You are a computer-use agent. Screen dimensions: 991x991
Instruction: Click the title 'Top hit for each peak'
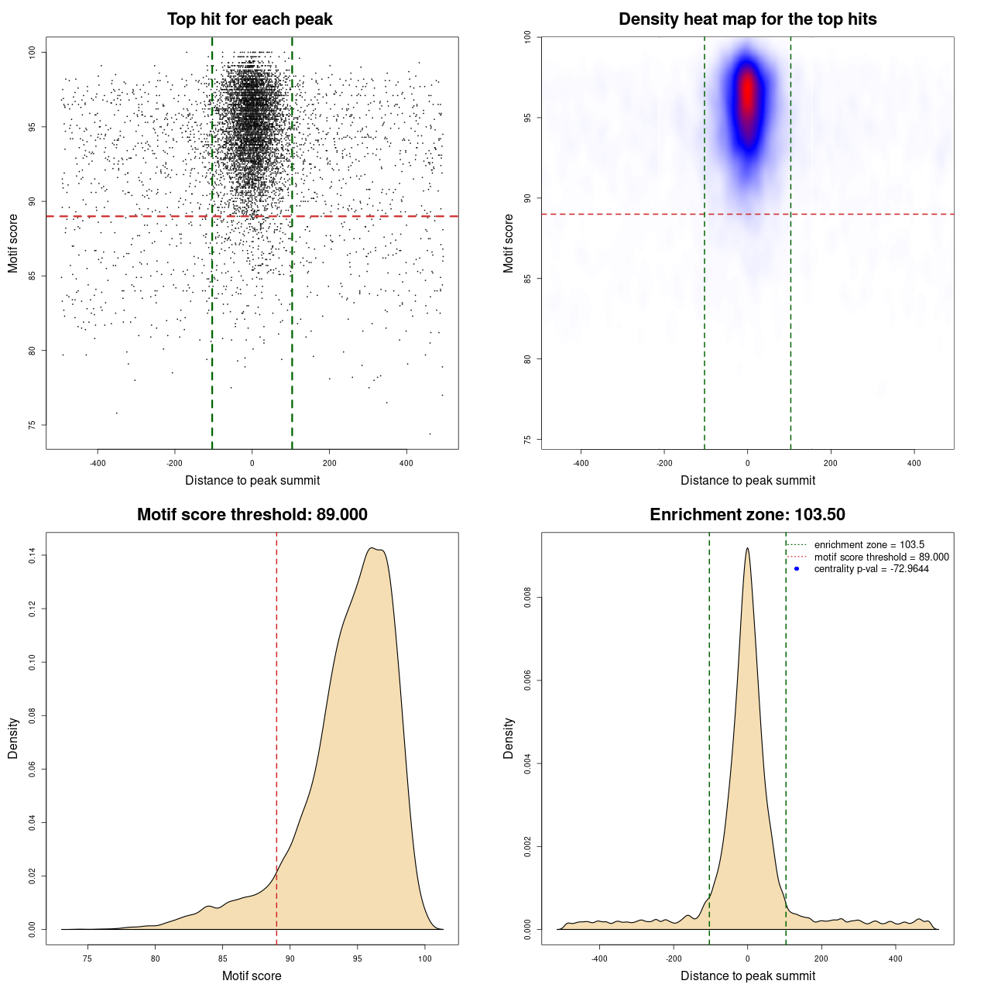(249, 19)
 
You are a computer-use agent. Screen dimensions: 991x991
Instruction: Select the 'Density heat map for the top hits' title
(747, 19)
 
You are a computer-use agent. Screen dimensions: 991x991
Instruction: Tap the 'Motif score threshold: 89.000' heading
(252, 515)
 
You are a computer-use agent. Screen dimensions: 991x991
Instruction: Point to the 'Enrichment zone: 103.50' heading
(747, 515)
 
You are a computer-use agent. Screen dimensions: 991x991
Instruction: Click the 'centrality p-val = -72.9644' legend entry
(871, 569)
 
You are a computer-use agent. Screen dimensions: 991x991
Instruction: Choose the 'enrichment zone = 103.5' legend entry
(869, 545)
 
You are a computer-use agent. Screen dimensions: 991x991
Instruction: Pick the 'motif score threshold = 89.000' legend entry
(881, 557)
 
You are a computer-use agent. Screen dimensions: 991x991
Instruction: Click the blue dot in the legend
(797, 569)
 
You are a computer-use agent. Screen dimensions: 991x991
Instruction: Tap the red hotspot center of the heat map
(747, 93)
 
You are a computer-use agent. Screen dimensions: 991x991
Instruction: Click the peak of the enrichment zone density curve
(747, 549)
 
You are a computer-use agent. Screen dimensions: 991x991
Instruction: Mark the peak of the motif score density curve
(373, 548)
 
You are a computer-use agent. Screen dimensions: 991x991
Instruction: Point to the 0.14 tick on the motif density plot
(33, 555)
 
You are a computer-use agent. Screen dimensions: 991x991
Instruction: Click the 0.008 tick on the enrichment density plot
(527, 598)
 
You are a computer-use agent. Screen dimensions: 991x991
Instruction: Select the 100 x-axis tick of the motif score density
(424, 958)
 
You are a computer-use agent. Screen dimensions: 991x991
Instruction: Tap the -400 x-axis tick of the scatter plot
(98, 463)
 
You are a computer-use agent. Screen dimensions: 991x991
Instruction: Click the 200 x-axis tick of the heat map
(831, 463)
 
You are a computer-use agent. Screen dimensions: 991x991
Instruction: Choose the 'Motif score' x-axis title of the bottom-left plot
(252, 976)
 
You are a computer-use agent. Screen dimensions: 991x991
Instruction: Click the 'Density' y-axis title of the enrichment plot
(509, 738)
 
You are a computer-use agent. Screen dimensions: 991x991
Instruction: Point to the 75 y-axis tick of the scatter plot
(33, 425)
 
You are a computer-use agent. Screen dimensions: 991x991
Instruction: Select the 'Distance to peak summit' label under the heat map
(747, 480)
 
